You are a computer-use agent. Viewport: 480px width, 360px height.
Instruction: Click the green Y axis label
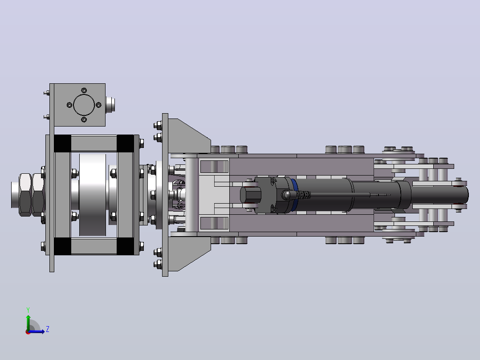(x=28, y=310)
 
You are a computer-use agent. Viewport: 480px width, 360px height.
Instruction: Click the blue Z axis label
(x=48, y=329)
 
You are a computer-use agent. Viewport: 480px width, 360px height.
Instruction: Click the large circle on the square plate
(x=84, y=105)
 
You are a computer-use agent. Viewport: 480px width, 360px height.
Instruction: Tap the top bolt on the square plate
(x=84, y=90)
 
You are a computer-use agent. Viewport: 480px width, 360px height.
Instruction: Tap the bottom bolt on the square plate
(x=84, y=119)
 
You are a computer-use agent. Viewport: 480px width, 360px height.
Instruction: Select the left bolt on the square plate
(x=69, y=105)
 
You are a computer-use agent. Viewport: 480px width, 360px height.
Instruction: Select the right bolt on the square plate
(x=98, y=105)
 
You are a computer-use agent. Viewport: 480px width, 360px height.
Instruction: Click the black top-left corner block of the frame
(x=62, y=143)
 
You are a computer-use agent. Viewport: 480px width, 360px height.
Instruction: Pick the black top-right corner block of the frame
(x=125, y=143)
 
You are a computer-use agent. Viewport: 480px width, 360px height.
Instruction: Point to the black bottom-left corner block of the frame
(x=62, y=246)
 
